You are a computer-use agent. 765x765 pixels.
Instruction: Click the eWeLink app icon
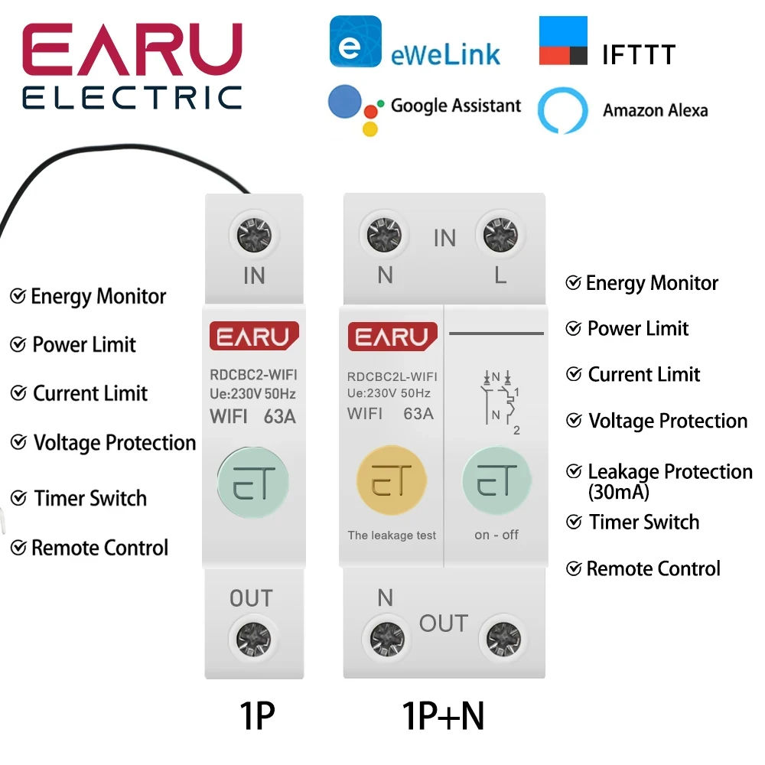(355, 41)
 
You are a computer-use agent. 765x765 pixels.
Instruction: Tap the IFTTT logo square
(563, 41)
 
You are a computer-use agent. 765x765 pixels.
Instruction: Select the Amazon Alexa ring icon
(562, 111)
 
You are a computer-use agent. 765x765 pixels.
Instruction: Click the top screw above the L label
(501, 235)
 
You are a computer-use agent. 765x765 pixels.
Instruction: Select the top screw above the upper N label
(385, 235)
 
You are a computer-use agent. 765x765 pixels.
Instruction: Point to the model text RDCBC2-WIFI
(253, 375)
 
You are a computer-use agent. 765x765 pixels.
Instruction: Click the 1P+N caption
(443, 717)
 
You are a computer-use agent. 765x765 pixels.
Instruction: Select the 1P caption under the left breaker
(257, 717)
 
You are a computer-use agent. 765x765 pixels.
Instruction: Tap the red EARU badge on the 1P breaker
(253, 337)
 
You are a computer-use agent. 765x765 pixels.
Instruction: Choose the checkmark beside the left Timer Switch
(18, 499)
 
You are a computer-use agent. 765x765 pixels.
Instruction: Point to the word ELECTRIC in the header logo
(132, 97)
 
